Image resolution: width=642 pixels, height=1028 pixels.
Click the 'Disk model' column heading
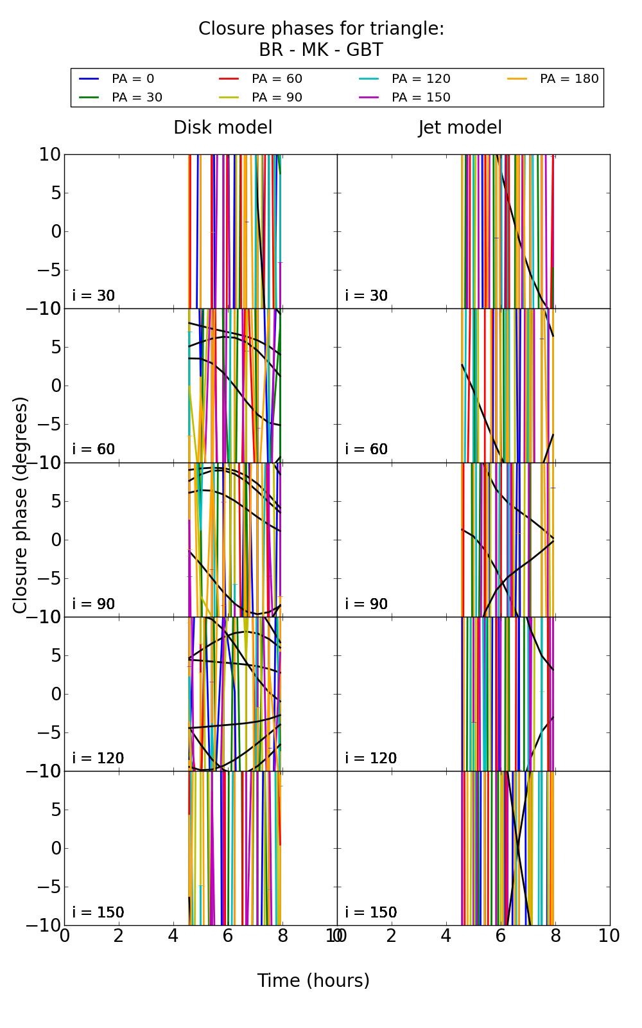(x=223, y=128)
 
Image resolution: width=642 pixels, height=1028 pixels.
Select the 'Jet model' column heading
(x=460, y=128)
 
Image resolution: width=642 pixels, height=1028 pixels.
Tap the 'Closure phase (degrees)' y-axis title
(x=21, y=505)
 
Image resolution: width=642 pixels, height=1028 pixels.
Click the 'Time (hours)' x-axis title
(x=313, y=981)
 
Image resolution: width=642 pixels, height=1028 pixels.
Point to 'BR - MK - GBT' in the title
(x=321, y=50)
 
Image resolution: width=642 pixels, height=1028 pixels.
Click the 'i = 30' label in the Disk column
(x=94, y=296)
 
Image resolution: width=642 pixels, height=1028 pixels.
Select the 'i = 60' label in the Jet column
(x=367, y=449)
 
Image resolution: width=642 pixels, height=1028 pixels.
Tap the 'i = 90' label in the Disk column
(x=94, y=604)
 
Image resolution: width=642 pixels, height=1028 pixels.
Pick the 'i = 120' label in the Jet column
(x=370, y=758)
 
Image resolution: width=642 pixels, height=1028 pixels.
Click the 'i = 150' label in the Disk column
(x=98, y=912)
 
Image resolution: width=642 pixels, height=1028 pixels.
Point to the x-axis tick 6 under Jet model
(x=501, y=936)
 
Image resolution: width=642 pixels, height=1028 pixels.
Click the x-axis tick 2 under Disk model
(x=119, y=936)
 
